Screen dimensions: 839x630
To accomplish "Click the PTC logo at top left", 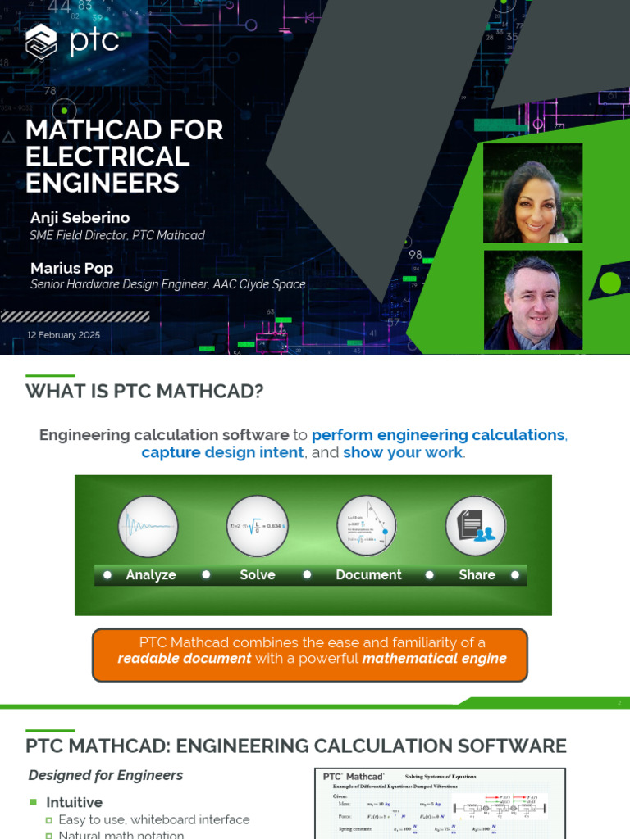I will [x=72, y=41].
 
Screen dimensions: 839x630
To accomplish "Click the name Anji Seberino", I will [x=80, y=217].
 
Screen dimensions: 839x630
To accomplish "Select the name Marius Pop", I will [x=71, y=268].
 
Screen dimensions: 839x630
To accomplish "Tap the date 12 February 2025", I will [x=63, y=335].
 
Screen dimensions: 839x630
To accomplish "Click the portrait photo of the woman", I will [x=532, y=193].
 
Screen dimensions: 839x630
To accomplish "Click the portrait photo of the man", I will [x=532, y=300].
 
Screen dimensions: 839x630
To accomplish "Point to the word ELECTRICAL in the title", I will [x=107, y=156].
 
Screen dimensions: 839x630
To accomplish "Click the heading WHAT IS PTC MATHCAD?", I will [x=144, y=392].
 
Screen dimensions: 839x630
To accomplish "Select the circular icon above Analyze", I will [x=148, y=525].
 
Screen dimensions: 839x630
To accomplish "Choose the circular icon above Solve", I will [x=257, y=525].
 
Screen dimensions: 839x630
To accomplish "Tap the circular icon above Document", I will [x=367, y=525].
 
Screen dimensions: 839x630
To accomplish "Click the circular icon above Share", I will [x=476, y=525].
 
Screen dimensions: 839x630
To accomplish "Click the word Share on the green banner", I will [x=477, y=575].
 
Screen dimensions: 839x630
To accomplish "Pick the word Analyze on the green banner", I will [x=151, y=575].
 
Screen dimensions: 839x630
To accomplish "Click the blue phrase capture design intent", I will [x=222, y=452].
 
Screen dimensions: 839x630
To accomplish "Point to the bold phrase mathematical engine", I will [x=434, y=659].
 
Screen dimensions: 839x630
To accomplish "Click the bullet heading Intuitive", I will [x=74, y=802].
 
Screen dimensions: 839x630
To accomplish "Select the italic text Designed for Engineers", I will [x=106, y=775].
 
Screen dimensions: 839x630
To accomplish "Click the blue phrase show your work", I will [x=403, y=452].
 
